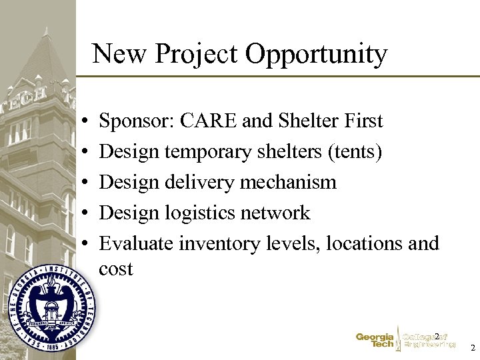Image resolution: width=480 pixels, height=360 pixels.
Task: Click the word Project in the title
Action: [x=199, y=55]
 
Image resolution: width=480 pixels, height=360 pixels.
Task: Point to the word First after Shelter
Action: [x=360, y=121]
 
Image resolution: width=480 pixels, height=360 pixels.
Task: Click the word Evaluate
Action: [x=137, y=243]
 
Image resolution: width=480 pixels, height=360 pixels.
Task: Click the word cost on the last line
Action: [x=115, y=269]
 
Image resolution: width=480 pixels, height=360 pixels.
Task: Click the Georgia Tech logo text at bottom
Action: [x=375, y=341]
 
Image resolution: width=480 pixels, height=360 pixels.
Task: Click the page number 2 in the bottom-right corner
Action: [x=472, y=348]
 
